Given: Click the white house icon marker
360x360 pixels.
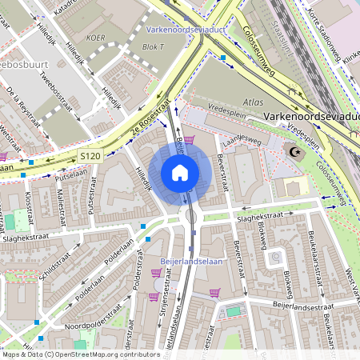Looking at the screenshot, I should [x=180, y=173].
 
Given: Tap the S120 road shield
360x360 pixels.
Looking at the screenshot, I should [x=90, y=154].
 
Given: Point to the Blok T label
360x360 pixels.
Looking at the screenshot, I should [x=152, y=46].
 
